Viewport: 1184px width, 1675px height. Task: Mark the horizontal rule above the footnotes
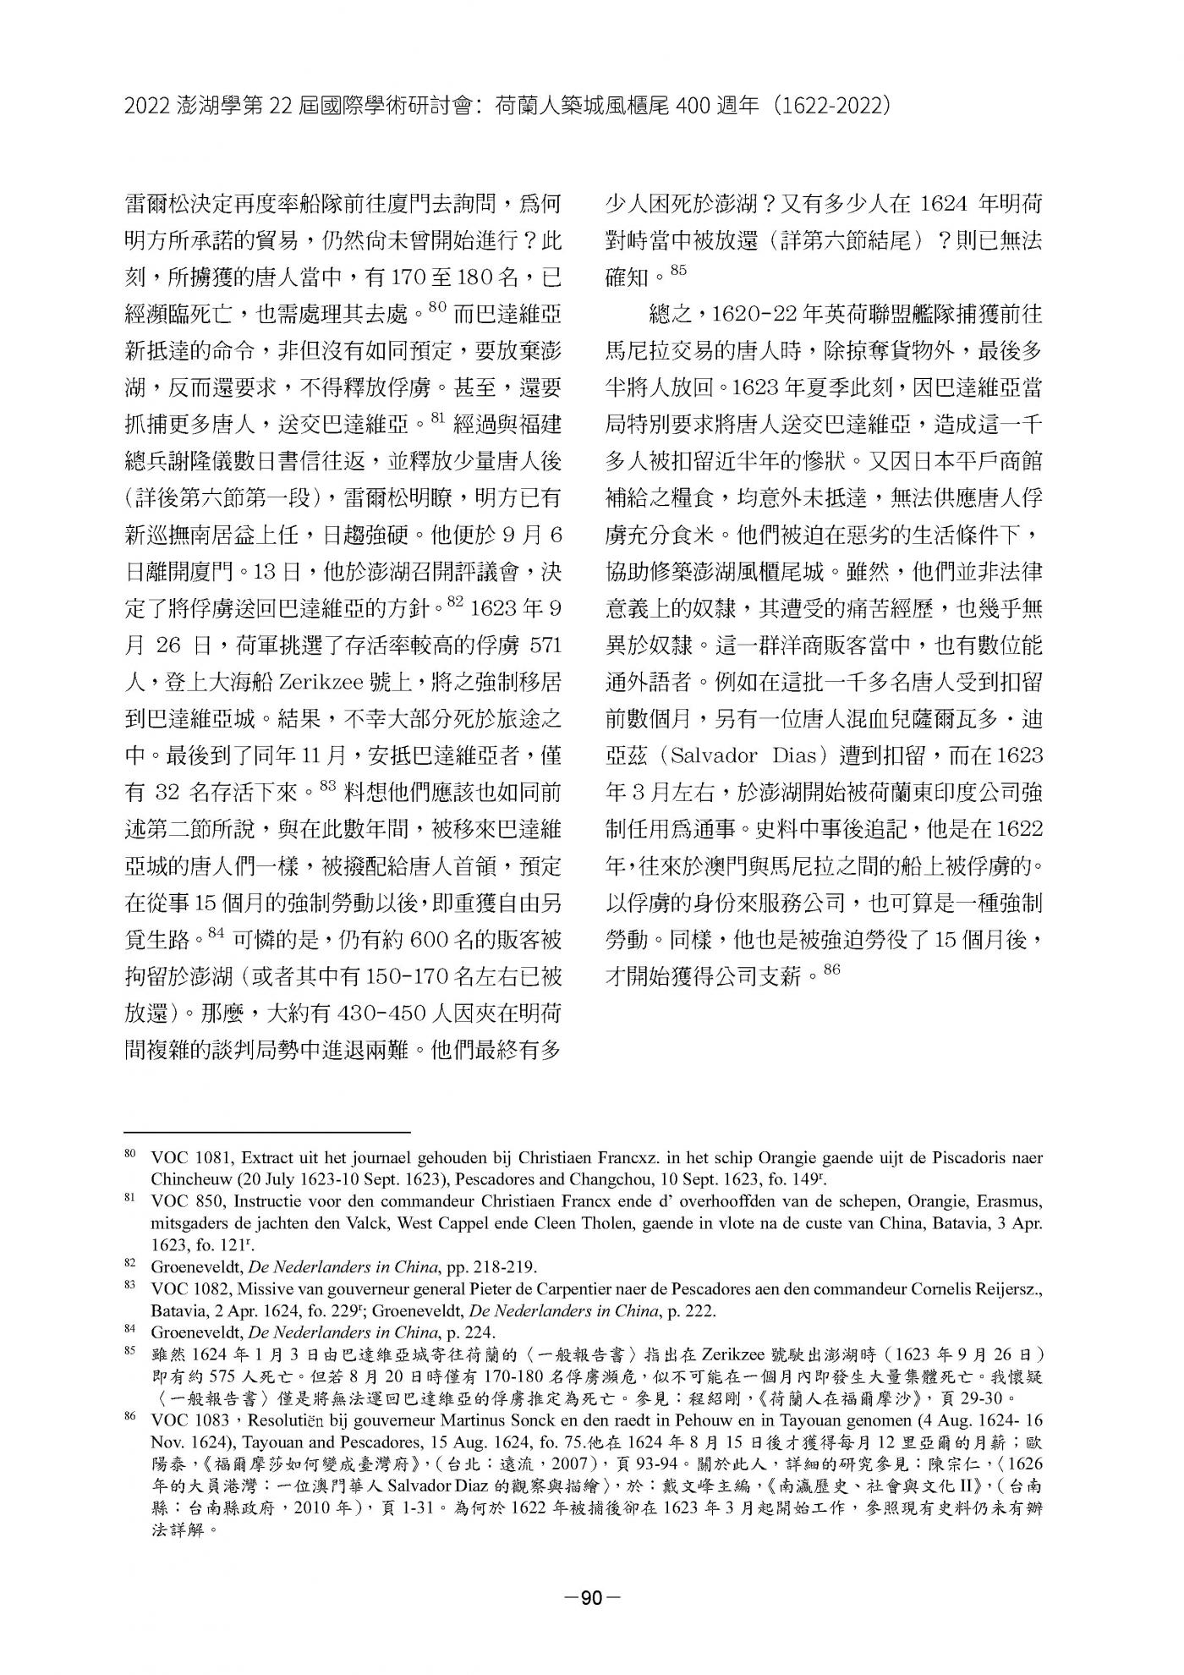(x=266, y=1131)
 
